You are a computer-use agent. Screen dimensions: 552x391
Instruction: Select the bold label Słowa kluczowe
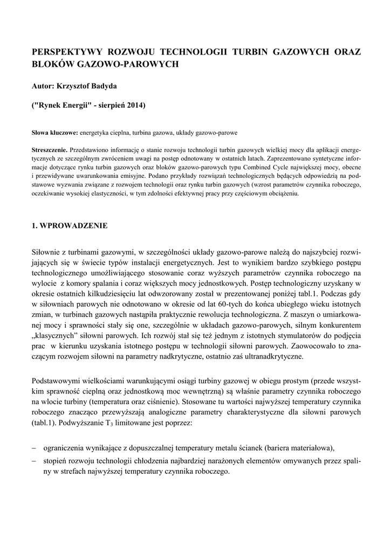tap(55, 132)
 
